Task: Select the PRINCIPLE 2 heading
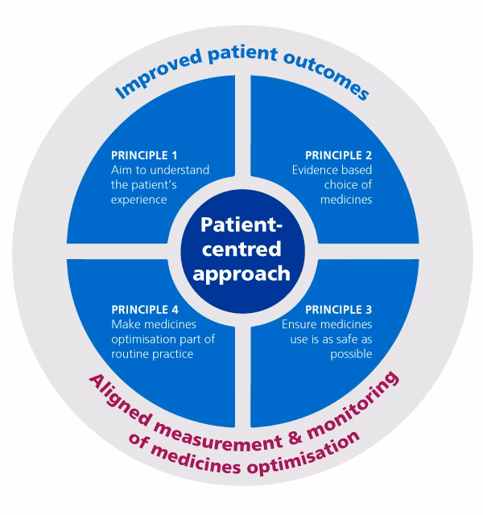[x=339, y=154]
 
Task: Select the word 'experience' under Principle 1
[x=137, y=200]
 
